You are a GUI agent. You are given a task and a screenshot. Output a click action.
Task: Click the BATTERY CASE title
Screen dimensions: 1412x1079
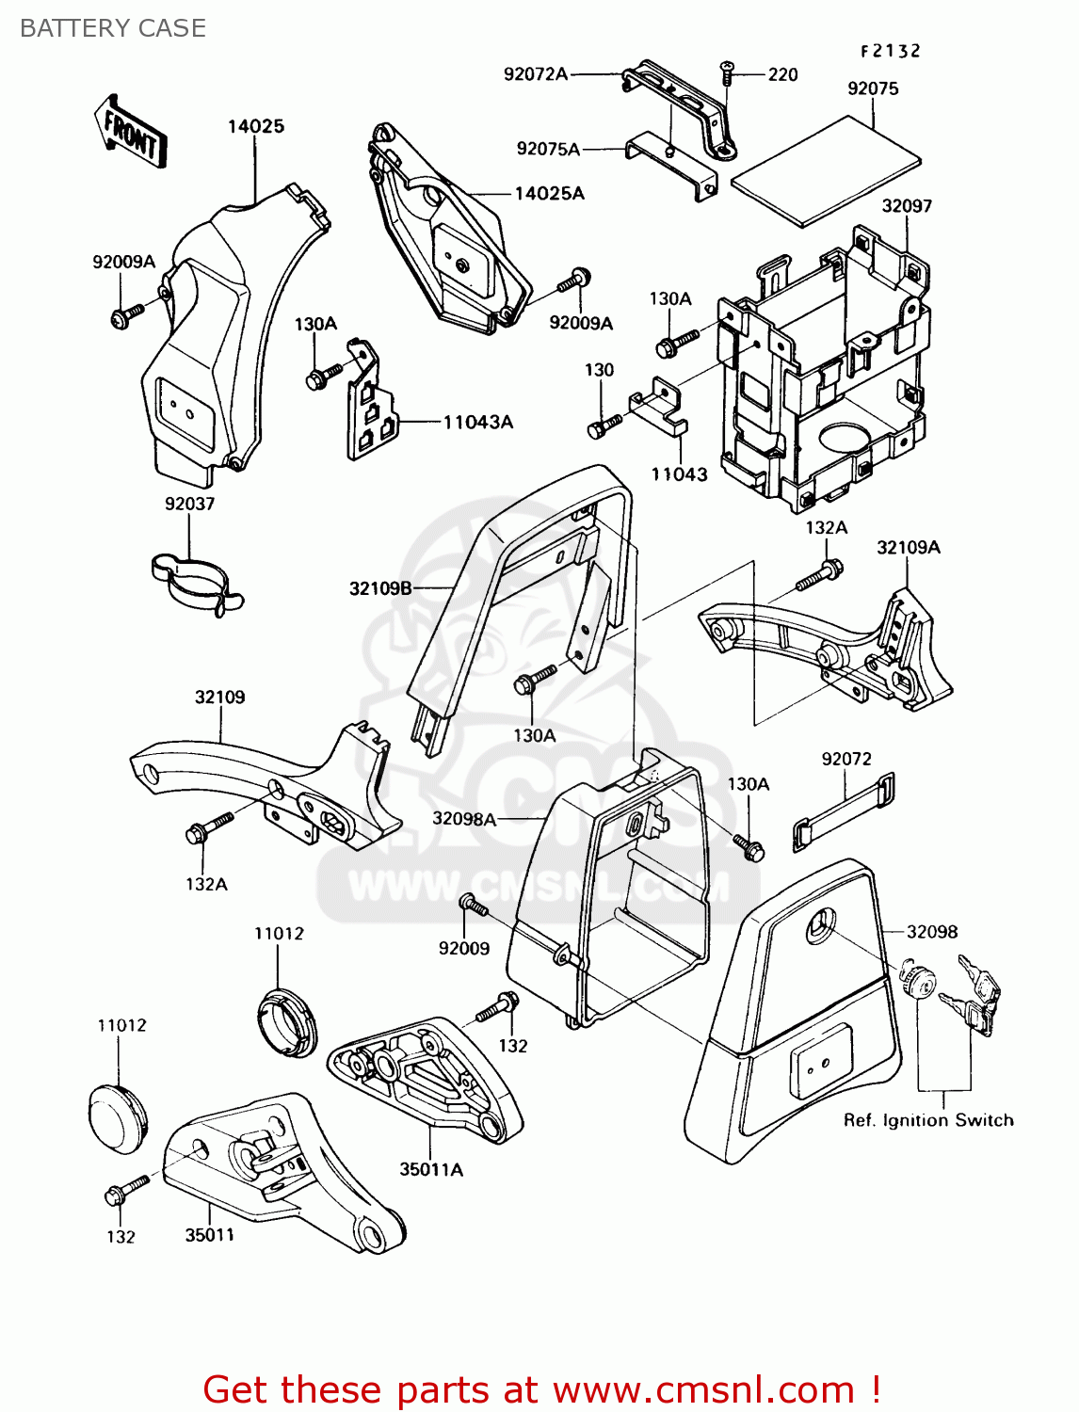(x=113, y=28)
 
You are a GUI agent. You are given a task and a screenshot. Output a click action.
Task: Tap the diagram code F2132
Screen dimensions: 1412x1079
(x=890, y=52)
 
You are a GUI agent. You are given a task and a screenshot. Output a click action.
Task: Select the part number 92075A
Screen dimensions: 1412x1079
(x=548, y=149)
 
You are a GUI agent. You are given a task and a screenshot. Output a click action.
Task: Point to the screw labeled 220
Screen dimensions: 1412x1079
(x=728, y=71)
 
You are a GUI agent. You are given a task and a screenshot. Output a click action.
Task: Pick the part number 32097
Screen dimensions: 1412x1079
(x=907, y=206)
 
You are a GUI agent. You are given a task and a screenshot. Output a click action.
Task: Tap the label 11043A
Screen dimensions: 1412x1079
(x=478, y=423)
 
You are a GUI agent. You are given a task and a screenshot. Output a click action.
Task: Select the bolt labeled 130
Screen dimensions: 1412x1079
(x=604, y=426)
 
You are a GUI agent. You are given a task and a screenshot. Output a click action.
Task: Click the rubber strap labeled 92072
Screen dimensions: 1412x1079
(x=844, y=811)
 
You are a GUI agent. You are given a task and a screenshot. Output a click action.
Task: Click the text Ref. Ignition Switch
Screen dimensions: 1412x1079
(x=928, y=1120)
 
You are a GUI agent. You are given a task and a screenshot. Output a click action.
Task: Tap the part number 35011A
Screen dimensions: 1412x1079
(x=431, y=1170)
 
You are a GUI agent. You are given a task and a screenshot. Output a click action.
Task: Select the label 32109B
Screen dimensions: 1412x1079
(x=380, y=589)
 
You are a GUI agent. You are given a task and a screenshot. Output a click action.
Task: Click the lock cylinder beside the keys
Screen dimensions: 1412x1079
(x=918, y=982)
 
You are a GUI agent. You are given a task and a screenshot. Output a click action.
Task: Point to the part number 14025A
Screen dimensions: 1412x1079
(x=549, y=194)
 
